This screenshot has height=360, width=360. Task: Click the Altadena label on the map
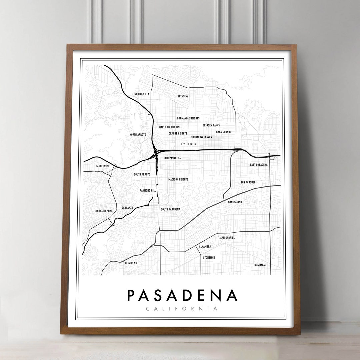coord(183,96)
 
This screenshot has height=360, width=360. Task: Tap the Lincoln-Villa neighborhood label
coord(141,94)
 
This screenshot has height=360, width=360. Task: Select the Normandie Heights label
coord(188,118)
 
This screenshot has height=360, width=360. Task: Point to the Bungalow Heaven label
coord(201,137)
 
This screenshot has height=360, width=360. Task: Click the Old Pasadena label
coord(172,158)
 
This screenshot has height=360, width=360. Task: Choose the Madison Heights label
coord(178,179)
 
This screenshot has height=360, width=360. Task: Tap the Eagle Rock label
coord(102,166)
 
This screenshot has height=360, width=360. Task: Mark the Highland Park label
coord(103,211)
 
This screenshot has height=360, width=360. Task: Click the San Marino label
coord(235,202)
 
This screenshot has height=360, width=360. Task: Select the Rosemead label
coord(260,265)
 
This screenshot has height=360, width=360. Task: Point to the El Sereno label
coord(131,263)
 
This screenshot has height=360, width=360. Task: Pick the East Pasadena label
coord(259,165)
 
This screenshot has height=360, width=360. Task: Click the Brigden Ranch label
coord(211,125)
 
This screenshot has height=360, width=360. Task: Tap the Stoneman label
coord(209,258)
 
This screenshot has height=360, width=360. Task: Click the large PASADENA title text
coord(182,295)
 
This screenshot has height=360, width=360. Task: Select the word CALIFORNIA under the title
coord(182,309)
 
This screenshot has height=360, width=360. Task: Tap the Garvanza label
coord(127,208)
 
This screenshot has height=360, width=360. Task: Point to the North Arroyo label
coord(138,135)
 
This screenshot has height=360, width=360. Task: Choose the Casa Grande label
coord(224,132)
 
